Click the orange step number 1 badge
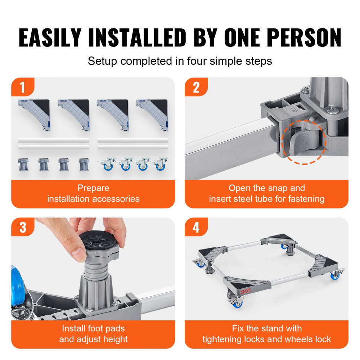tap(22, 87)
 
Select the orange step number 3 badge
tap(22, 228)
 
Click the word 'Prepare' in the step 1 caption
tap(93, 188)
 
